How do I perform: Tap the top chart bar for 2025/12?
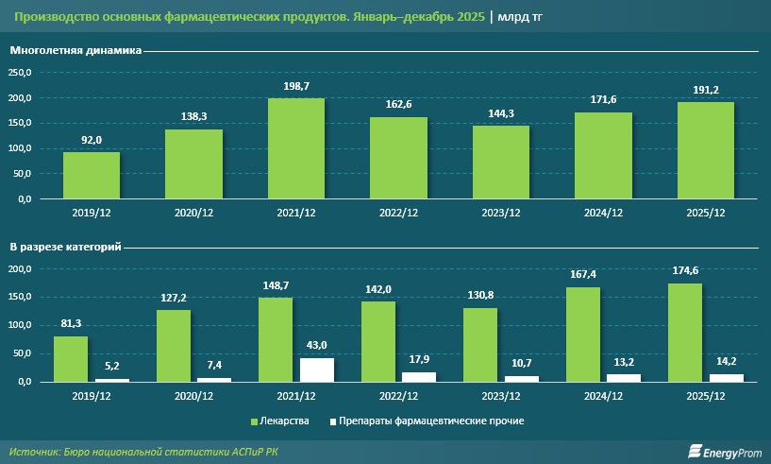[705, 151]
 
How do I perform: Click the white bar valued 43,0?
[317, 369]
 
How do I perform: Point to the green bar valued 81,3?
[71, 359]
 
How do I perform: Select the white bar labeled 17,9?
[419, 376]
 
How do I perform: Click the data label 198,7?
[296, 86]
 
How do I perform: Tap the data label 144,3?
[500, 113]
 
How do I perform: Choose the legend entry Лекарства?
[283, 421]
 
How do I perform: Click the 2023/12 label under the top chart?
[500, 214]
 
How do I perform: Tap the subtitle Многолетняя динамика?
[75, 51]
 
